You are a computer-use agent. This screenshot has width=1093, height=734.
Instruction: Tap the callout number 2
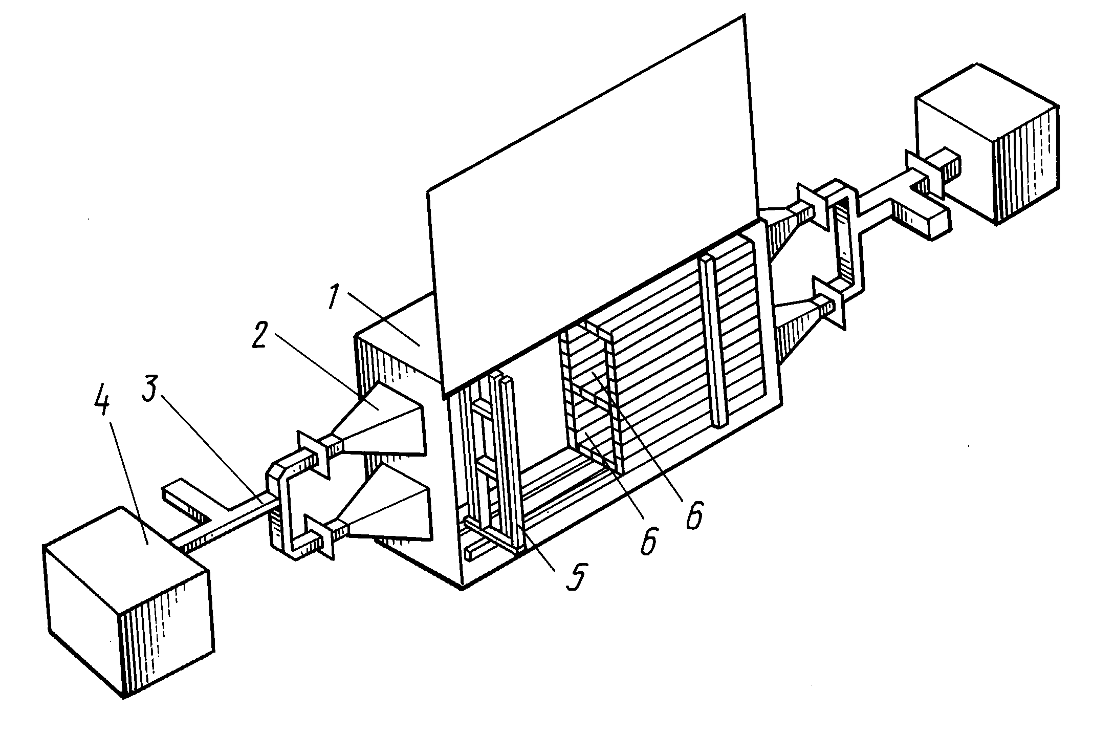click(x=263, y=327)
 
